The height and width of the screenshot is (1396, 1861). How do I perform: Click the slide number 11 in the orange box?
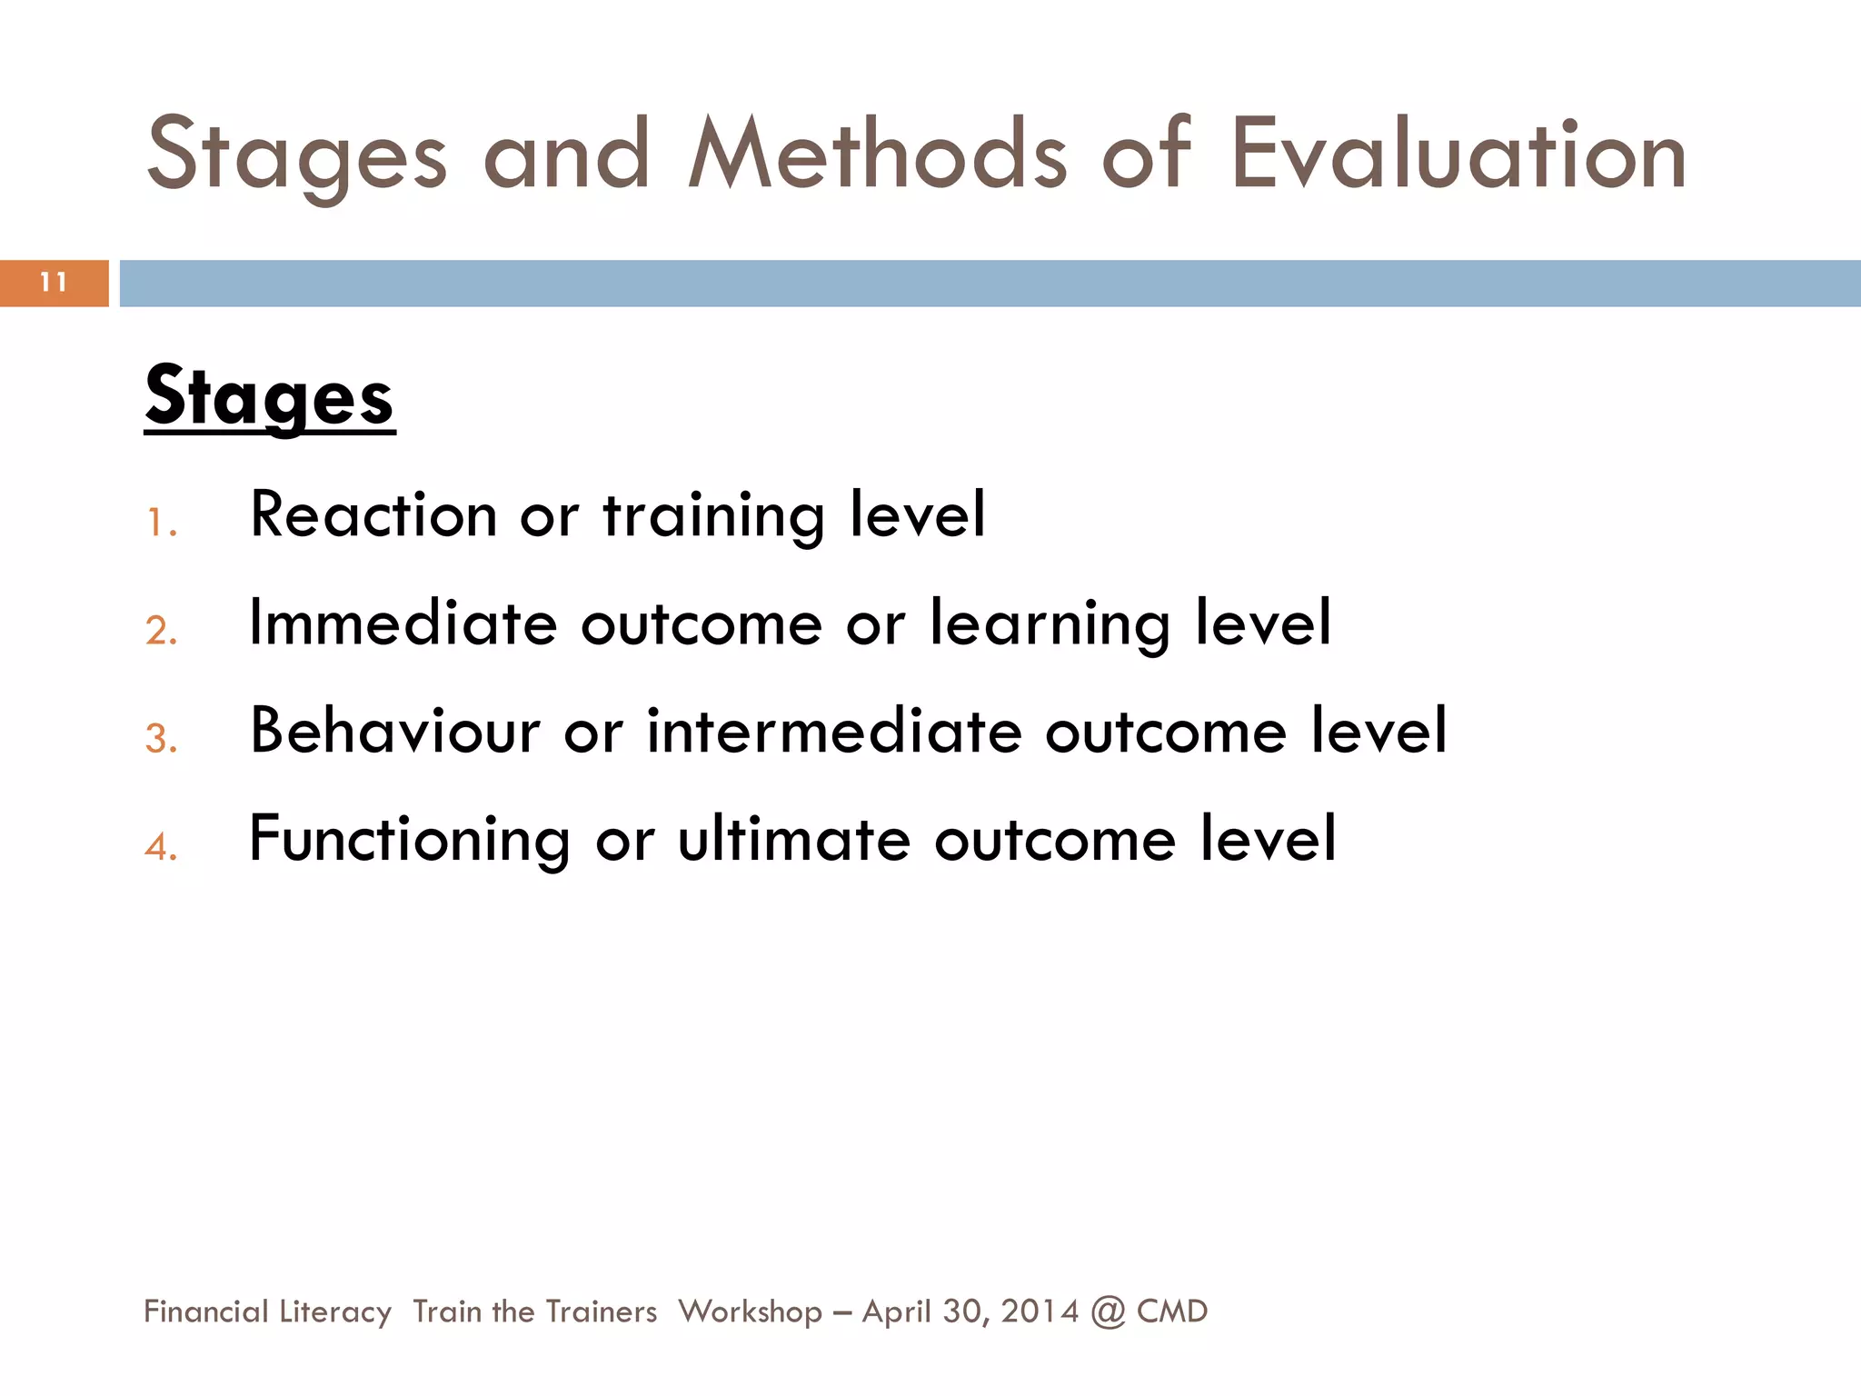click(54, 283)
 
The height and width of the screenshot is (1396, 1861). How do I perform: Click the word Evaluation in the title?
click(1458, 155)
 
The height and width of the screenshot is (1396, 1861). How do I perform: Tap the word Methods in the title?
click(877, 155)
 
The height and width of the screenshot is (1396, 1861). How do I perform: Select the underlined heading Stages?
click(269, 397)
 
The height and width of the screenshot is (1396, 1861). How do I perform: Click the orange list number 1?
click(160, 523)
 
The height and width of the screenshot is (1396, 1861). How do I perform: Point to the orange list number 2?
click(160, 631)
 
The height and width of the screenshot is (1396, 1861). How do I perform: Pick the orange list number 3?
click(160, 739)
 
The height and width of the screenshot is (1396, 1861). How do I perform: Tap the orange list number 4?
click(160, 847)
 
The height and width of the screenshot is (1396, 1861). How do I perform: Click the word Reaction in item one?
click(373, 515)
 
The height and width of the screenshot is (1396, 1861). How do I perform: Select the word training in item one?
click(713, 515)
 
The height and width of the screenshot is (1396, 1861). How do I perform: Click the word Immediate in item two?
click(403, 623)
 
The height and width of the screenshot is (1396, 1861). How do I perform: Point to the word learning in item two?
click(1050, 623)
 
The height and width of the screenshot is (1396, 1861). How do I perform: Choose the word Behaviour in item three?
click(395, 731)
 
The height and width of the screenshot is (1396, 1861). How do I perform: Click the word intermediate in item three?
click(834, 731)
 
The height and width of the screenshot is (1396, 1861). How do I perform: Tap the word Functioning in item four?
click(409, 839)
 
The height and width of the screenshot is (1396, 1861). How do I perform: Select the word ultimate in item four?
click(793, 839)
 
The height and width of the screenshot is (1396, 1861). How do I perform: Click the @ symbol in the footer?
click(1108, 1311)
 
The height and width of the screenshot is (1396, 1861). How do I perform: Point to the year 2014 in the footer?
click(1040, 1311)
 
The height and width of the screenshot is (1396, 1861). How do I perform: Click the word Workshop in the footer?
click(750, 1311)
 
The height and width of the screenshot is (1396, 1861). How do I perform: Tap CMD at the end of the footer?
click(1172, 1311)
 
